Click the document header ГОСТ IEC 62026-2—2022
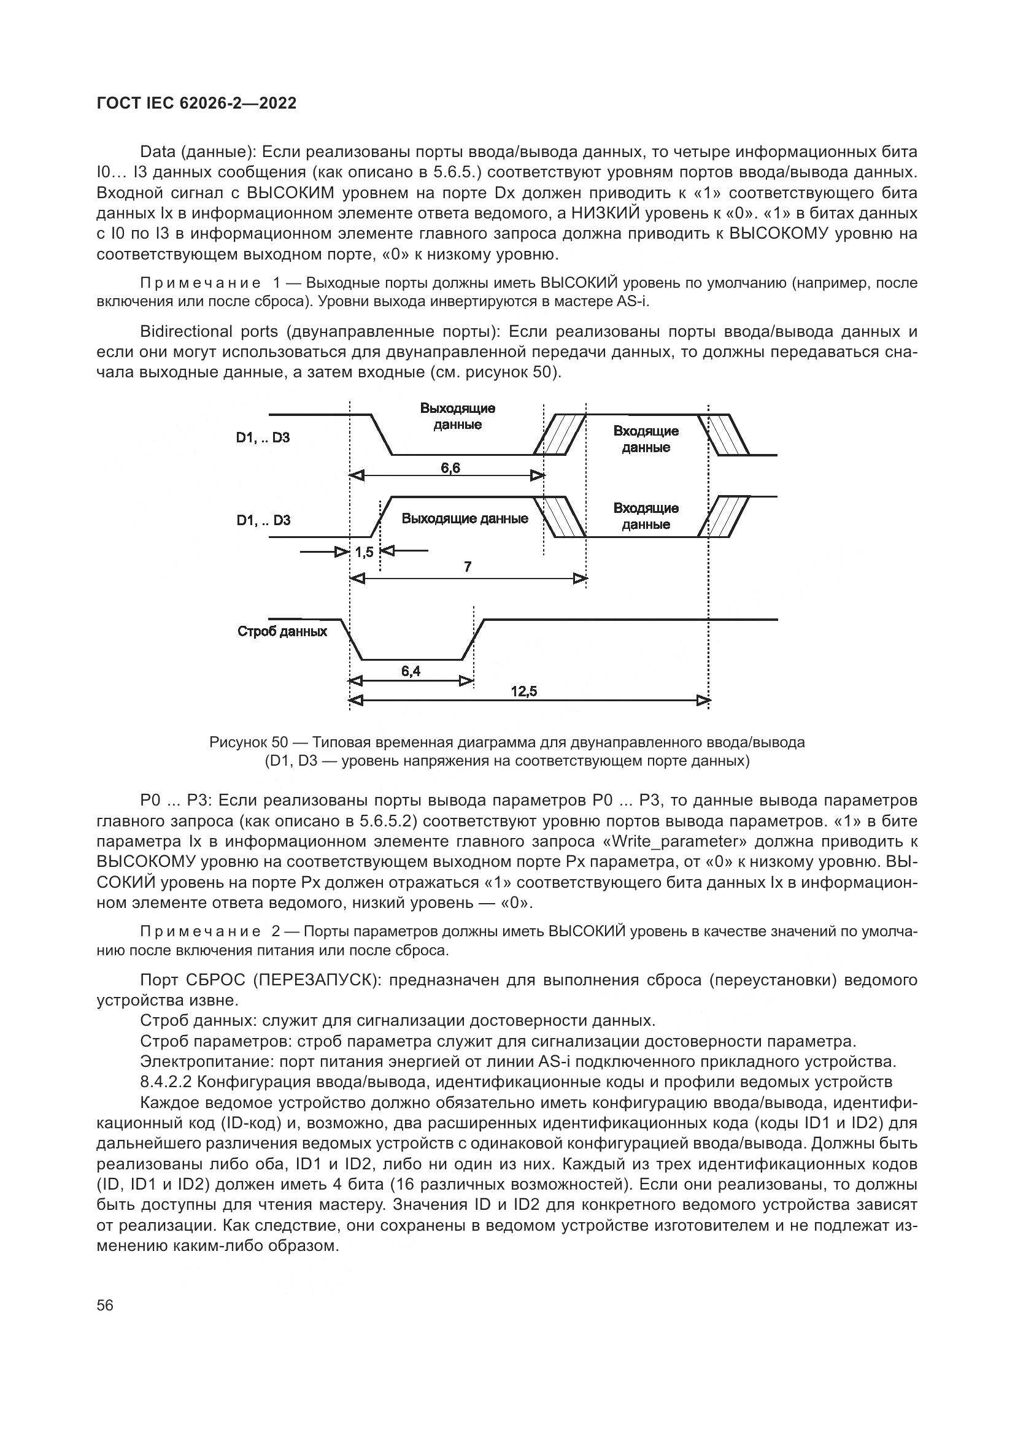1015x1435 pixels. (196, 104)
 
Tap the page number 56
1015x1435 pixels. (105, 1304)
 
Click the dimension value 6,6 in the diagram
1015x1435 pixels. (450, 467)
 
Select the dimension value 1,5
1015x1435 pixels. (365, 552)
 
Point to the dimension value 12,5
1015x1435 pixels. (523, 691)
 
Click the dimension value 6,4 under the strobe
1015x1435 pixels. (411, 671)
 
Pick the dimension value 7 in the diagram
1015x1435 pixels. (468, 567)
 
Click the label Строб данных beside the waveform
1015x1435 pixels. (282, 631)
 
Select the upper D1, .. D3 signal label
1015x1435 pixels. (263, 437)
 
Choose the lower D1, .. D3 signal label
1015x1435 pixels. (263, 520)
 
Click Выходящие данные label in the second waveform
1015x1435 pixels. (465, 518)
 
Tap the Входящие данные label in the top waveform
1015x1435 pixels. (646, 439)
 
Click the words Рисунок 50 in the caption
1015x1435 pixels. (248, 742)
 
